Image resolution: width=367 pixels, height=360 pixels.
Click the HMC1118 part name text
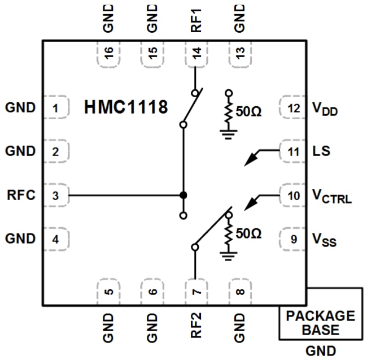pos(126,107)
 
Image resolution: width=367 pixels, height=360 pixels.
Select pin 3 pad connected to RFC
pos(55,196)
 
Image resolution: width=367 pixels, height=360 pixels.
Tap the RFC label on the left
pos(21,196)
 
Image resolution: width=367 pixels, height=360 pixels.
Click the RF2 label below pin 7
pos(195,328)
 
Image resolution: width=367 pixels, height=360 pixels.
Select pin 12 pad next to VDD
pos(293,107)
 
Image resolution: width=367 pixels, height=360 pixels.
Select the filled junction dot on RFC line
pos(183,196)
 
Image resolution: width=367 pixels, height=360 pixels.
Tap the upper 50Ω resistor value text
pos(248,112)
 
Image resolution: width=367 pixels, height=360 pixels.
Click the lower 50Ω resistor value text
pos(248,233)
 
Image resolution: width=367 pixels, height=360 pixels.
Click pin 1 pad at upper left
pos(55,107)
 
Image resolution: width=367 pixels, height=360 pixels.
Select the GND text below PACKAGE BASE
pos(320,350)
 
